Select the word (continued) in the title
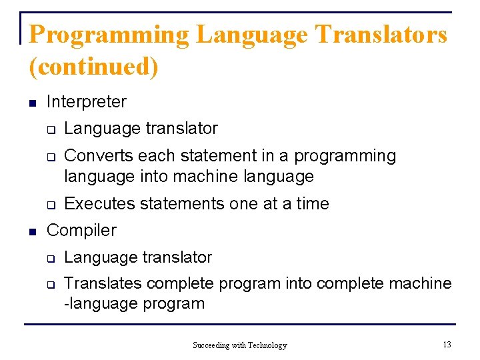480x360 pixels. point(94,66)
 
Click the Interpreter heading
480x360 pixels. point(86,102)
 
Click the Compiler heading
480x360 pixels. point(81,231)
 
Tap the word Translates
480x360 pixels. point(103,283)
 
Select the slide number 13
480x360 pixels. point(447,344)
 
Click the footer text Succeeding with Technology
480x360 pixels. point(239,345)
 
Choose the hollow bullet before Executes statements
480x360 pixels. point(49,205)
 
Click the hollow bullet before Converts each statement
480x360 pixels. point(49,157)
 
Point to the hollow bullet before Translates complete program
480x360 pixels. point(49,285)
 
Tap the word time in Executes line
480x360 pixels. point(312,204)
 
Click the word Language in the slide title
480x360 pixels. point(253,35)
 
